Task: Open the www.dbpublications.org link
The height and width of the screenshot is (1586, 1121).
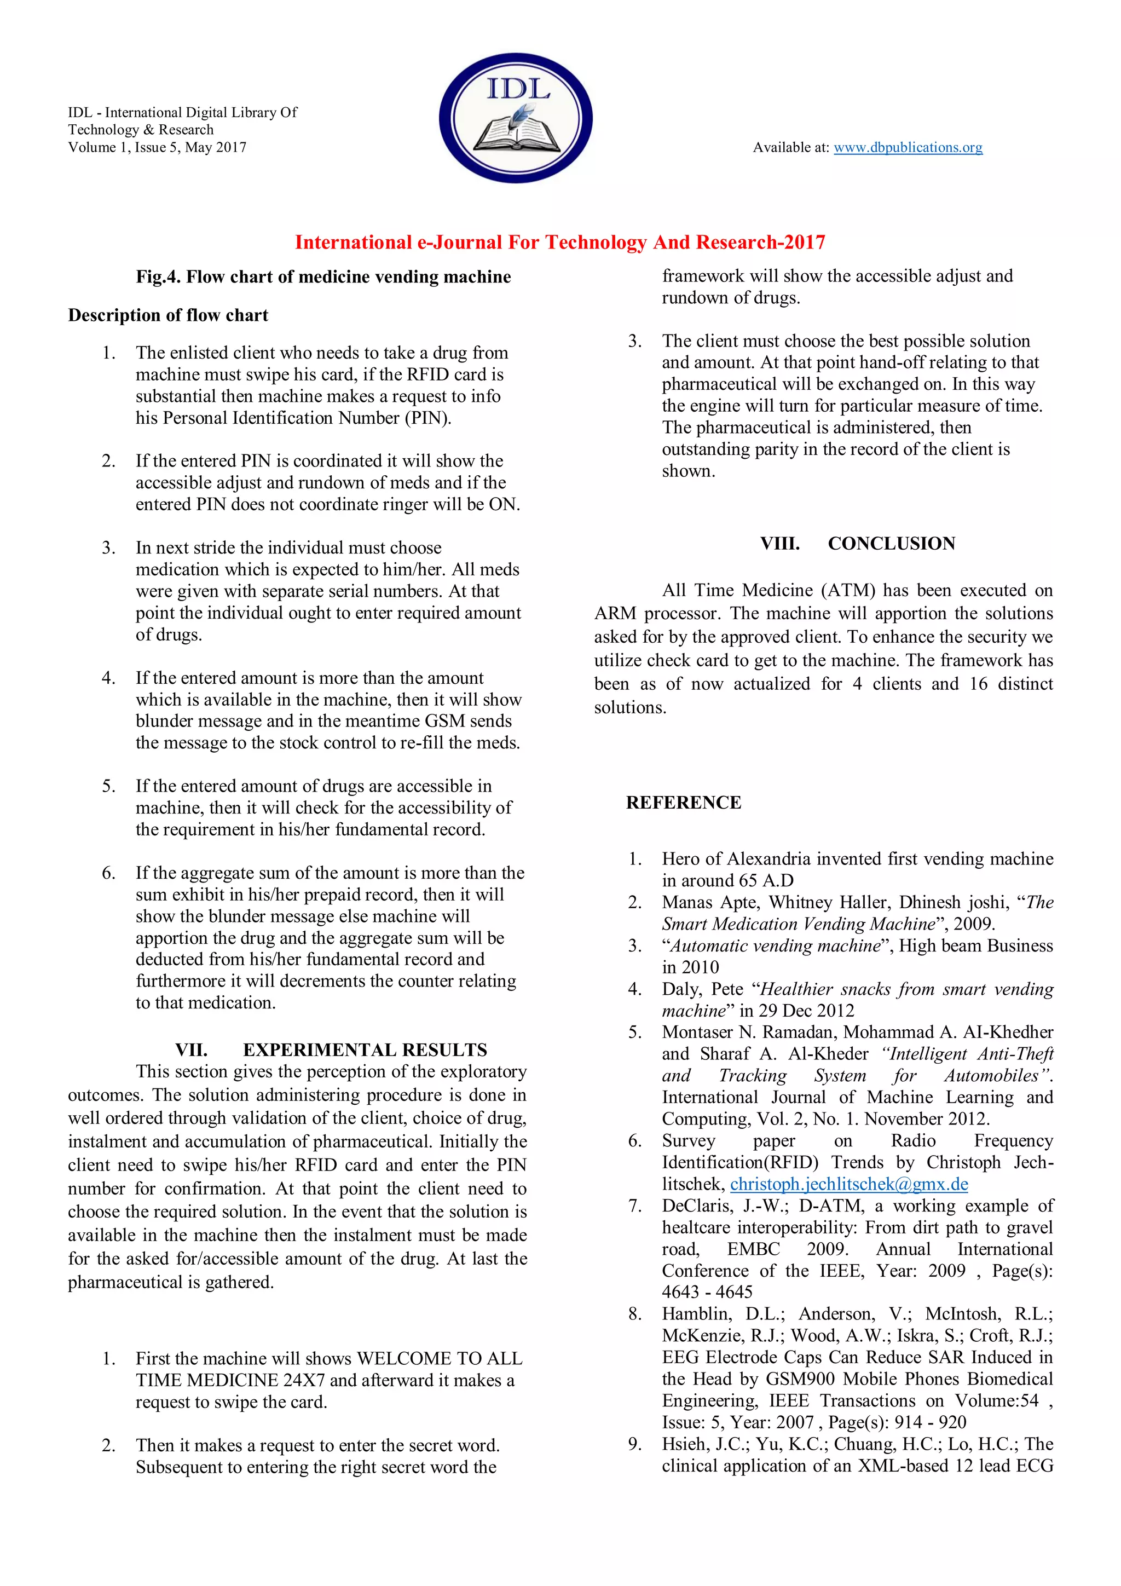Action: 908,147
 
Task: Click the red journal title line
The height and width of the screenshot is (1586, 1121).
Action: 559,243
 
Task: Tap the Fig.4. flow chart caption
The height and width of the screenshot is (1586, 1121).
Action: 323,277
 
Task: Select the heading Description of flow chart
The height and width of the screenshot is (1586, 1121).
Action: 168,316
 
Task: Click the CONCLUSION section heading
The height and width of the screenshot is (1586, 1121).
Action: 891,544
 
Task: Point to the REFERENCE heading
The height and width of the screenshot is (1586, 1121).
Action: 683,803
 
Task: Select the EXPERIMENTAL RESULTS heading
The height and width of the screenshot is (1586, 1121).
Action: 365,1050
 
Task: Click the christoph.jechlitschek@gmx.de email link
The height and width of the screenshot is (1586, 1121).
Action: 849,1184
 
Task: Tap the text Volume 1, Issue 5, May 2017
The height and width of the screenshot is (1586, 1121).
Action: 157,147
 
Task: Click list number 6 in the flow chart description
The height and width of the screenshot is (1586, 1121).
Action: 108,873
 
